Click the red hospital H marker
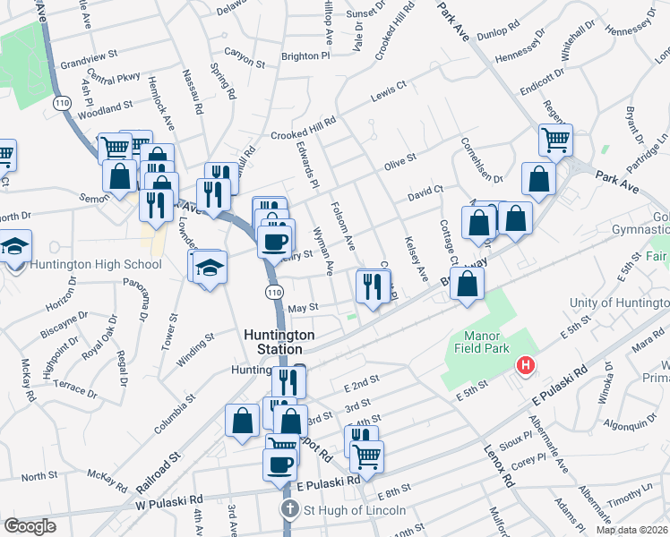coord(525,366)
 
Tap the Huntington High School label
coord(95,264)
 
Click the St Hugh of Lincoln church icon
coord(289,510)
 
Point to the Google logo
coord(30,526)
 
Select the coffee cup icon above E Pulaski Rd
coord(279,464)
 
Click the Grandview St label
coord(90,60)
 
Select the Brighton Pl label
coord(305,55)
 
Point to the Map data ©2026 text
coord(632,530)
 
